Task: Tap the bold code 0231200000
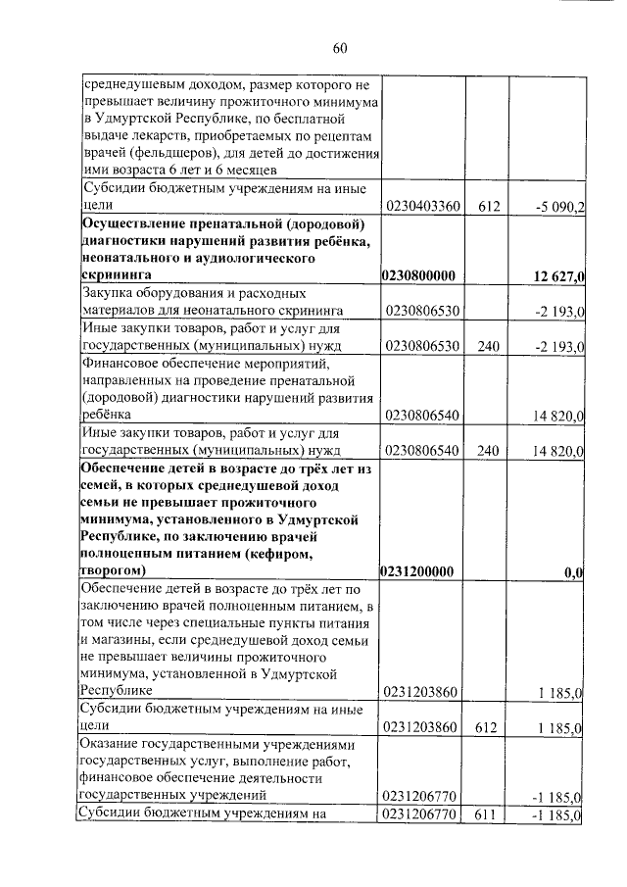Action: coord(422,570)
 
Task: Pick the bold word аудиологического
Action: coord(252,259)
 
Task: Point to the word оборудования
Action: coord(185,293)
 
